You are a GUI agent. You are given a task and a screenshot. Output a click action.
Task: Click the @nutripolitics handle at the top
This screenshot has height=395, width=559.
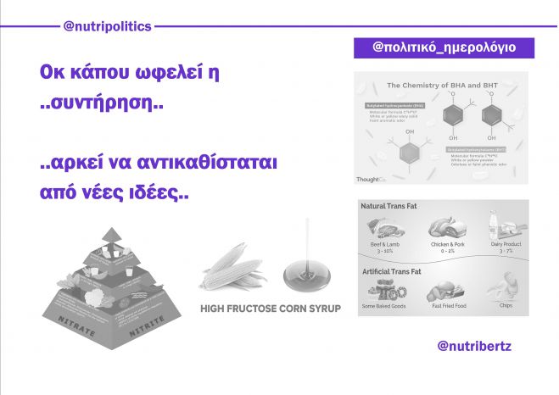[x=108, y=26]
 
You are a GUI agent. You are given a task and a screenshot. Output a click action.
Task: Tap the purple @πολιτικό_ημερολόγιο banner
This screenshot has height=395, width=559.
[x=444, y=48]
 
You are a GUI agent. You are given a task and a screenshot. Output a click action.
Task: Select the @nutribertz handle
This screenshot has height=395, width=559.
[x=474, y=347]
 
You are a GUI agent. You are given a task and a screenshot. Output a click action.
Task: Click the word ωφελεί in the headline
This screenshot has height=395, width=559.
[x=182, y=73]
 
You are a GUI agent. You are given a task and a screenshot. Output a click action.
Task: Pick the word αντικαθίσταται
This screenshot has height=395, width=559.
[x=210, y=160]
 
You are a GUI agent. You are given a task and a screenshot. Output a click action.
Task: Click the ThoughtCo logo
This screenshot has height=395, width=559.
[x=372, y=179]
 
